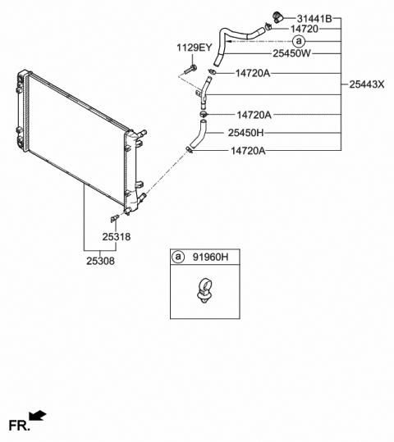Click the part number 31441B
click(x=314, y=19)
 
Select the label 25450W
click(x=292, y=53)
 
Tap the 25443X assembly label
click(x=367, y=84)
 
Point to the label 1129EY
click(x=194, y=48)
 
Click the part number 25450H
click(x=245, y=133)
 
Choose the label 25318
click(x=117, y=237)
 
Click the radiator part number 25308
click(x=100, y=261)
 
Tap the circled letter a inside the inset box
click(x=178, y=257)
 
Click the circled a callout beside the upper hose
click(x=299, y=41)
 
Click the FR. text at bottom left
click(x=19, y=426)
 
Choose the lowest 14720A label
click(x=248, y=151)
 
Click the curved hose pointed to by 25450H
click(x=198, y=134)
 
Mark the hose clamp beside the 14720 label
click(x=268, y=27)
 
